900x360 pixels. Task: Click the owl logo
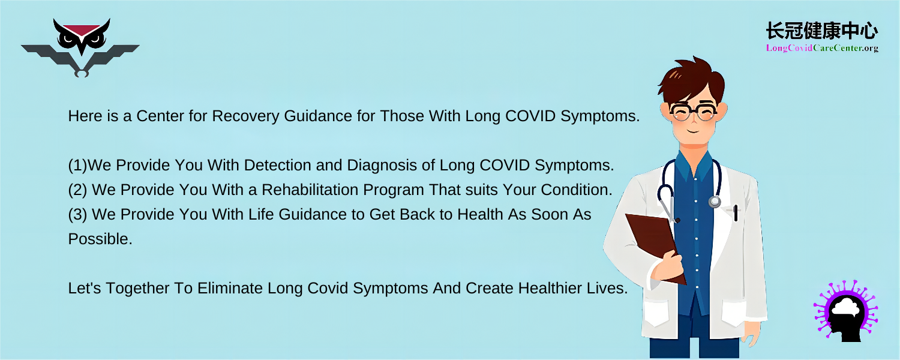[80, 47]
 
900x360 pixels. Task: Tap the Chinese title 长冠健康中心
[821, 31]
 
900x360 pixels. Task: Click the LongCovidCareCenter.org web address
[822, 48]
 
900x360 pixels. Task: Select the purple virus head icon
[846, 311]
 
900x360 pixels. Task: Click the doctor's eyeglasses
[692, 111]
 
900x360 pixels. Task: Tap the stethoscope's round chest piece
[715, 201]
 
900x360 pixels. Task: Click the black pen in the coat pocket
[736, 213]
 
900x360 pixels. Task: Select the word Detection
[277, 165]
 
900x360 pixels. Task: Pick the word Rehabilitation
[310, 190]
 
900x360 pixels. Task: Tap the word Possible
[100, 239]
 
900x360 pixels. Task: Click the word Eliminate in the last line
[230, 288]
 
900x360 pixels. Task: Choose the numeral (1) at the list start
[77, 166]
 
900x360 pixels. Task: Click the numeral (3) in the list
[77, 215]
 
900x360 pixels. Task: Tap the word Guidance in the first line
[318, 116]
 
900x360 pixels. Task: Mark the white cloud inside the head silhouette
[846, 307]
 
